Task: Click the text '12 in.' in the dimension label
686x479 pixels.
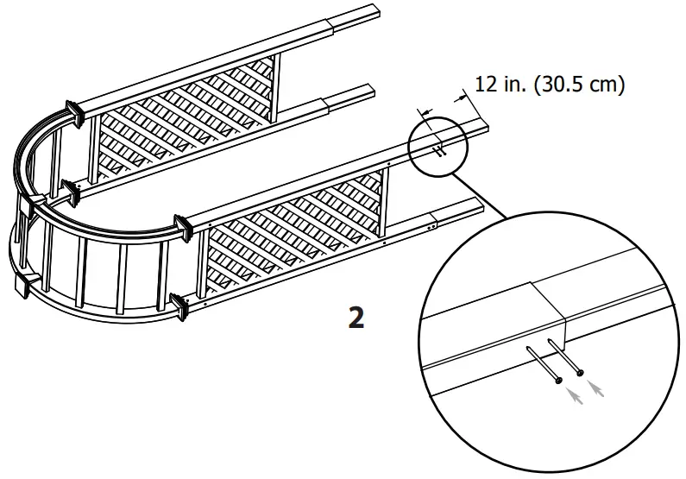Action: pos(498,85)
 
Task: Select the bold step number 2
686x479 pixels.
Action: pos(355,317)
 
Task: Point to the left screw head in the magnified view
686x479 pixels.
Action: pos(558,380)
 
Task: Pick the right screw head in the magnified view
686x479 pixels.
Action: pos(580,372)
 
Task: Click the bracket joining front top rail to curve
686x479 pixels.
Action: pos(182,226)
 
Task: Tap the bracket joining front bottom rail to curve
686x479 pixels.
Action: pos(181,304)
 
